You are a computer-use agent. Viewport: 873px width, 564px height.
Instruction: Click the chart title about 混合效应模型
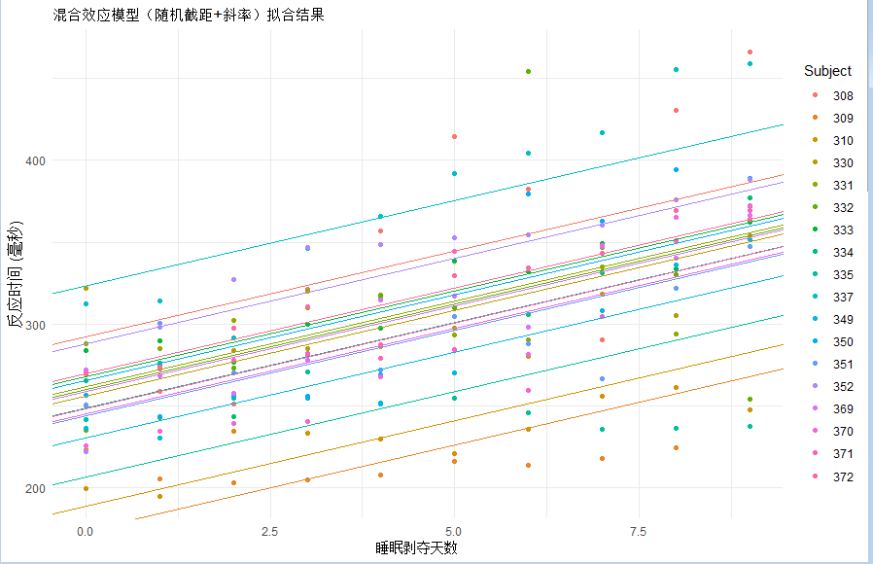click(189, 15)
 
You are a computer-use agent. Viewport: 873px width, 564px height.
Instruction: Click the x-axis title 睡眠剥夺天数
click(416, 547)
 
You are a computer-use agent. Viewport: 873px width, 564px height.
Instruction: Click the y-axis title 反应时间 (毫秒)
click(15, 274)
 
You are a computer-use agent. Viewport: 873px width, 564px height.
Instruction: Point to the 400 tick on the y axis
click(36, 160)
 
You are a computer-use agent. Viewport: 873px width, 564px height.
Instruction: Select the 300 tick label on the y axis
click(36, 325)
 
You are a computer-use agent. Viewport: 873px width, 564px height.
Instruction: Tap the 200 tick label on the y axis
click(36, 488)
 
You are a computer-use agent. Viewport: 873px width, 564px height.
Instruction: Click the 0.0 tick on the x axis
click(86, 532)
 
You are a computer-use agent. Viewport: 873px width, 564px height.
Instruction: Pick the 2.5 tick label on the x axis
click(269, 532)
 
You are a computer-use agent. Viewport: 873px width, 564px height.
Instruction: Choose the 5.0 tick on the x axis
click(454, 532)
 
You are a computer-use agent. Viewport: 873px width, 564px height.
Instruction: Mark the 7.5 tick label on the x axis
click(638, 532)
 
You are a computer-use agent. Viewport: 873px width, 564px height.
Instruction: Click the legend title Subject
click(827, 71)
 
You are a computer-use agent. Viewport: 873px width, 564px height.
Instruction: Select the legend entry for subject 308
click(832, 95)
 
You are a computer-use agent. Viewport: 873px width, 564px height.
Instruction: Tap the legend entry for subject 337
click(832, 298)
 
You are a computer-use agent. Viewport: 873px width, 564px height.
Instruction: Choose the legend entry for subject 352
click(832, 386)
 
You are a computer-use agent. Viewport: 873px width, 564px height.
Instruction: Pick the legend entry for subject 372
click(832, 476)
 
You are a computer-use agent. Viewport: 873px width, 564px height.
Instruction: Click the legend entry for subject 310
click(832, 140)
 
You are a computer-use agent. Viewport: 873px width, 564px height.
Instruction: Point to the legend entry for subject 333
click(832, 229)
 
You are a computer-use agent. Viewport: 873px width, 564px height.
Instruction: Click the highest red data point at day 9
click(750, 52)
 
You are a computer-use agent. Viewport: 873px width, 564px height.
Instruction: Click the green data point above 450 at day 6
click(528, 71)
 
